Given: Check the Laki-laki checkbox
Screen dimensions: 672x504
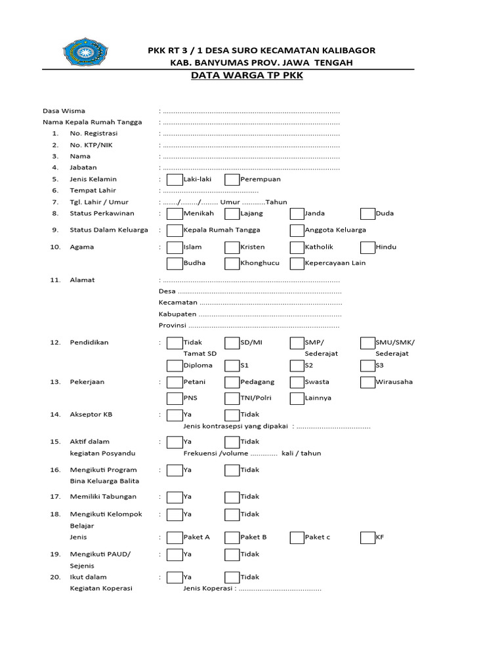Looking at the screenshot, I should click(175, 179).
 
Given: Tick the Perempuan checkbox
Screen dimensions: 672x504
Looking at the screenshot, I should click(232, 179).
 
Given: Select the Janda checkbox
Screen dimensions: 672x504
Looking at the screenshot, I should click(297, 213).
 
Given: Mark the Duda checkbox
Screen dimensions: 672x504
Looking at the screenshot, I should click(367, 213).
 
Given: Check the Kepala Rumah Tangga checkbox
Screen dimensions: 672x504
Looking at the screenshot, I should click(175, 230).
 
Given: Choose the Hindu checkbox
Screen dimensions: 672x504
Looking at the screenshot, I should click(367, 247).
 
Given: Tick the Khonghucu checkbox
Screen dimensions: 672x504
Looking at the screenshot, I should click(232, 264).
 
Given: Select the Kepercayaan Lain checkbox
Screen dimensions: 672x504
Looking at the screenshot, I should click(297, 264).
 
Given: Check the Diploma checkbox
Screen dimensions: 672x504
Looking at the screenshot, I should click(175, 366).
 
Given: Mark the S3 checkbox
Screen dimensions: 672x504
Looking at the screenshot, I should click(367, 366).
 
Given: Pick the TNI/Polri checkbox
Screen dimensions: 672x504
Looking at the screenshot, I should click(232, 398).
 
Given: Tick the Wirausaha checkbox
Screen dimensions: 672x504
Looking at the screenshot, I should click(367, 382).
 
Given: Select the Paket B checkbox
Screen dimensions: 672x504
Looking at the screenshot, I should click(232, 537).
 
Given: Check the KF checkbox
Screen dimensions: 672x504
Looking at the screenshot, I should click(367, 537).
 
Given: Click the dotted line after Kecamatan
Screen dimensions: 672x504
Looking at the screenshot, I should click(270, 303).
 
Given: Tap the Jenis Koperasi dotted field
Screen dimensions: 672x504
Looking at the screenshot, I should click(280, 589).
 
